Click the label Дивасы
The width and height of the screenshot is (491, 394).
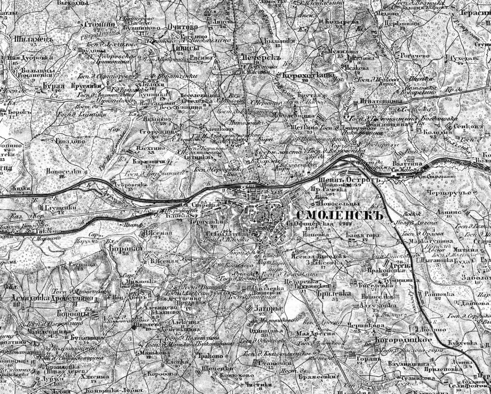(x=187, y=49)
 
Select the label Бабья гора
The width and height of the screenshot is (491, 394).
(x=362, y=236)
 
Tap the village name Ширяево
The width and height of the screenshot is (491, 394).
(x=147, y=337)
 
